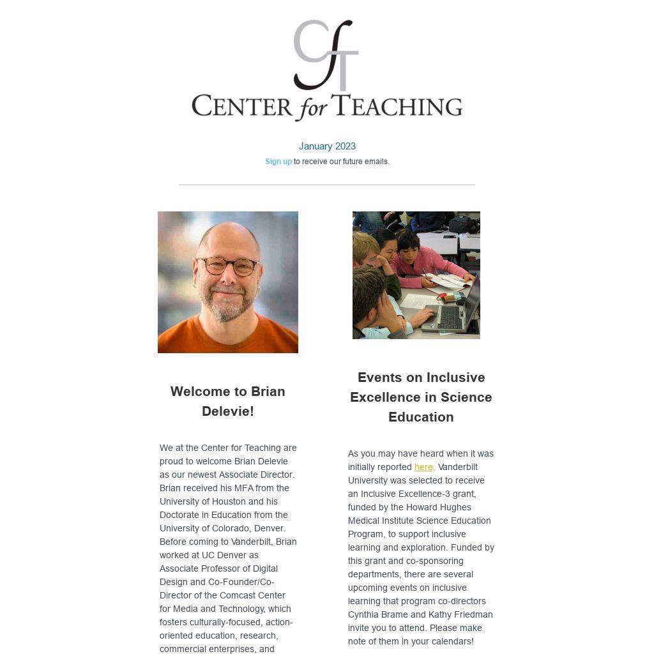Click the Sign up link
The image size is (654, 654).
tap(278, 162)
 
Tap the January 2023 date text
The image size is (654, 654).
tap(327, 146)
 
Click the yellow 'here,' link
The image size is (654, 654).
tap(424, 467)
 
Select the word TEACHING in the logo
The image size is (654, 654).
tap(399, 106)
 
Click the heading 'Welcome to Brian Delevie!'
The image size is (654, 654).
tap(228, 401)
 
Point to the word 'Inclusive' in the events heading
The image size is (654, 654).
tap(456, 377)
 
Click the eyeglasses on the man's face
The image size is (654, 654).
tap(228, 264)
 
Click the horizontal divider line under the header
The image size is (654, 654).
tap(327, 185)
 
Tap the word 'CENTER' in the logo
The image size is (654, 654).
tap(241, 106)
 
